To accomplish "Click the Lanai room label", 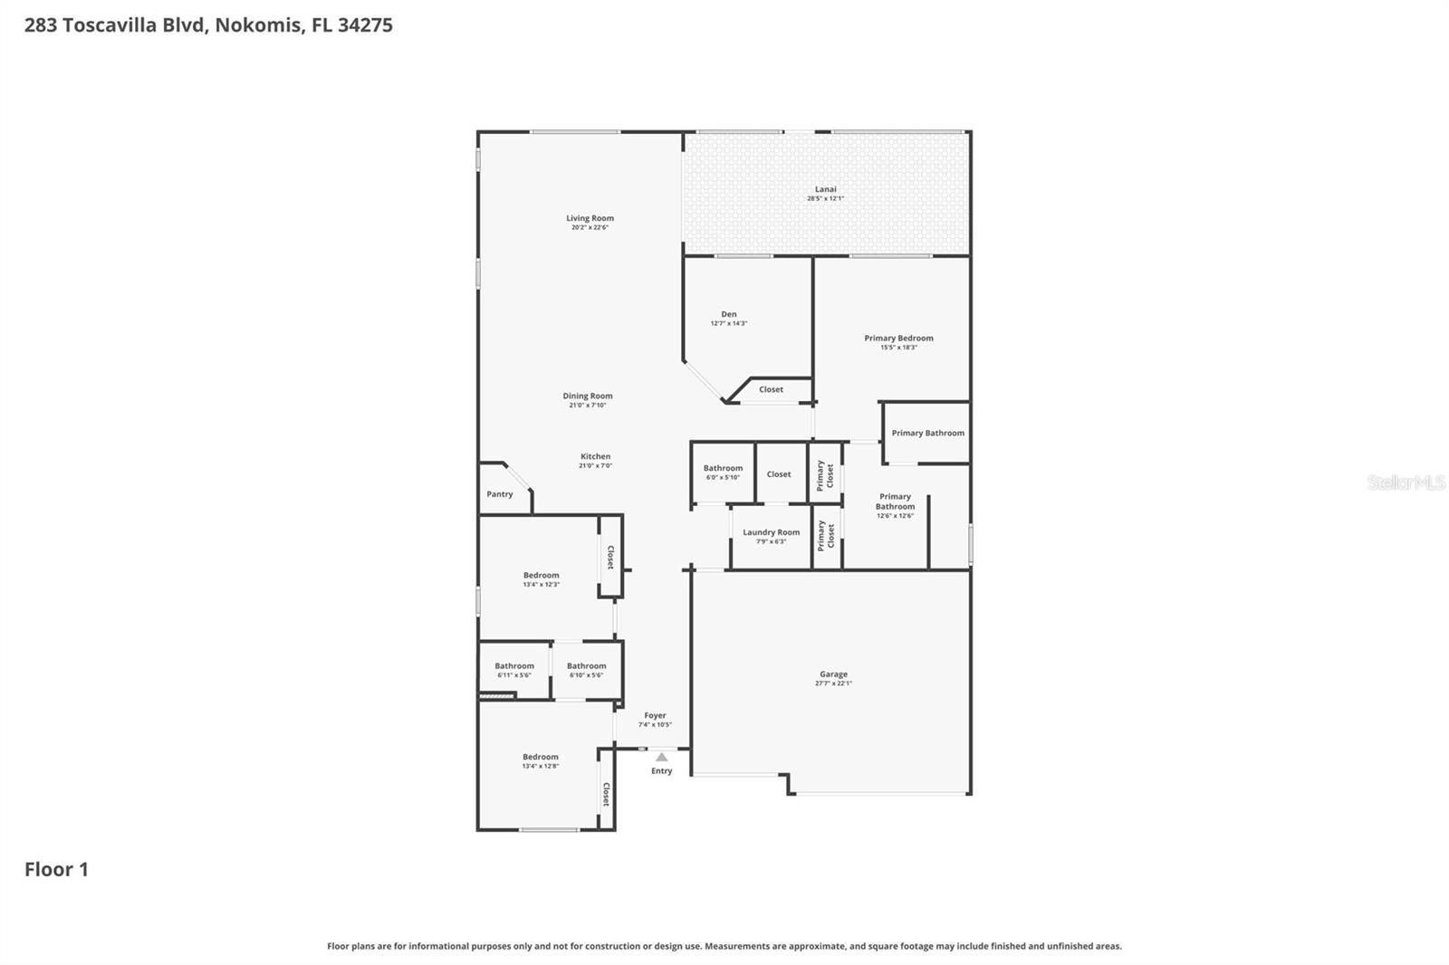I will coord(825,189).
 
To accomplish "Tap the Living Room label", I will coord(590,218).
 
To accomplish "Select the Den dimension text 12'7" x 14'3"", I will coord(728,323).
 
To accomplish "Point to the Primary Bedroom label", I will coord(898,338).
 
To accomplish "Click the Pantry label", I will coord(499,494).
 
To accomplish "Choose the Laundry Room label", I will coord(771,532).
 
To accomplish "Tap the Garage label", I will coord(833,674).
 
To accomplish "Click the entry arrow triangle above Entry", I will coord(661,757).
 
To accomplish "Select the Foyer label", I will coord(655,715).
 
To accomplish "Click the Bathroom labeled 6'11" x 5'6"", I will coord(513,666).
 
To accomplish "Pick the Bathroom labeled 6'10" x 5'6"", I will coord(586,666).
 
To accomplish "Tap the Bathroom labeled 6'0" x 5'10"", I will coord(723,468).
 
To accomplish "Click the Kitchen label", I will coord(595,456).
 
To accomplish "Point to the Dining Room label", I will coord(587,396).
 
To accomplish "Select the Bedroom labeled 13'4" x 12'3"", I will coord(541,575).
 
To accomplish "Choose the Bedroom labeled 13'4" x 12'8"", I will coord(540,757).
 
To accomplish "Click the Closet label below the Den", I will coord(771,389).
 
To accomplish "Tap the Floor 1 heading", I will coord(56,869).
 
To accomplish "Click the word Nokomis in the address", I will coord(258,24).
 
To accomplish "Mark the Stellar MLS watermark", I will coord(1406,482).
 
